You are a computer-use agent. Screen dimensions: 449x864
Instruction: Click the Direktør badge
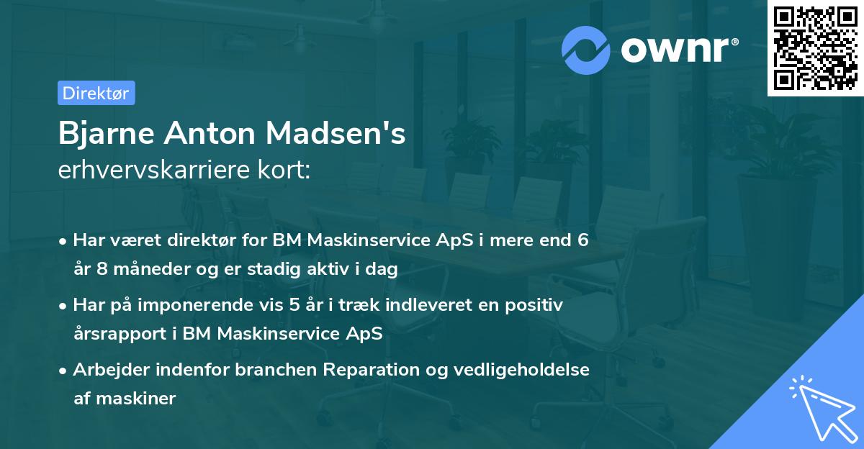(x=96, y=93)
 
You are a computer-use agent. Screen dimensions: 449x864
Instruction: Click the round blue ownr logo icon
(x=586, y=50)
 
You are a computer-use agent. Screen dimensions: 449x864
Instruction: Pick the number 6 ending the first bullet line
(x=582, y=240)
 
